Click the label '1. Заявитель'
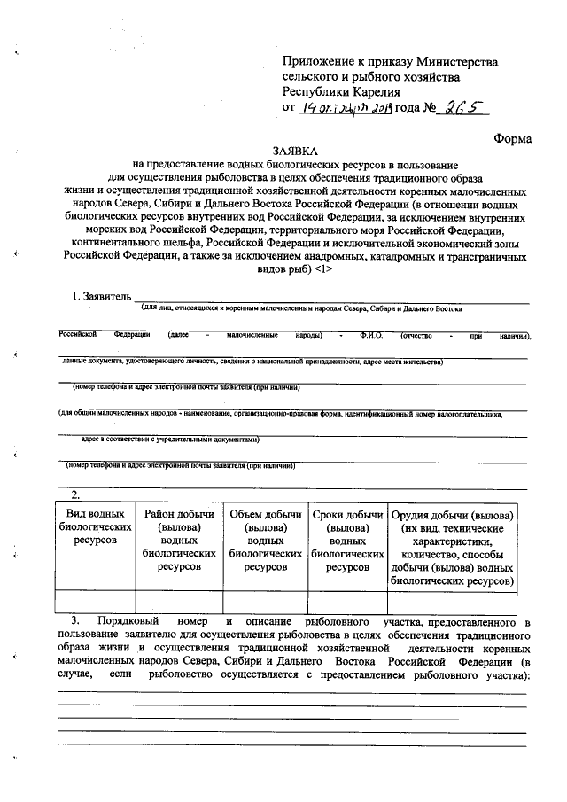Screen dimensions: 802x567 tap(101, 296)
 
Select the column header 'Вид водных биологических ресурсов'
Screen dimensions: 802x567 tap(94, 528)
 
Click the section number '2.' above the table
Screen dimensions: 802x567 tap(76, 494)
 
